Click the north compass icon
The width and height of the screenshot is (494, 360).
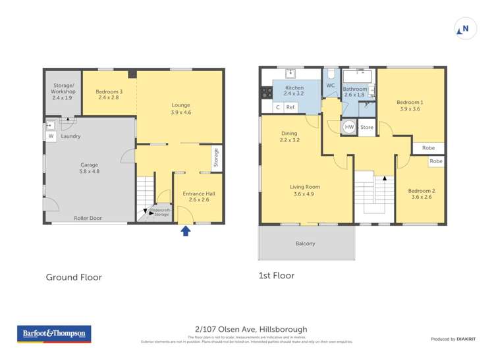[x=465, y=29]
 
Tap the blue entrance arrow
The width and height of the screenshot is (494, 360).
[x=186, y=230]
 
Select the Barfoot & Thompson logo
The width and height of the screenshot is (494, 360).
[x=54, y=334]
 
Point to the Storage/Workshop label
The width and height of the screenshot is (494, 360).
[x=64, y=91]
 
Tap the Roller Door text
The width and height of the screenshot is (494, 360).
[x=88, y=218]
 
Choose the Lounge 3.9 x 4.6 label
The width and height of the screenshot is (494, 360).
[x=180, y=109]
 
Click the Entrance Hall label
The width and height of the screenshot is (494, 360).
[x=198, y=197]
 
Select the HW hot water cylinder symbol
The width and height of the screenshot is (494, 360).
[x=349, y=127]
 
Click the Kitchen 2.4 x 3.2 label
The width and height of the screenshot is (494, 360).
[x=294, y=91]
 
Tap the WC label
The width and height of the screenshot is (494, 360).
[x=330, y=86]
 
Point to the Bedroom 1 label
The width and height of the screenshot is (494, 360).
[x=410, y=105]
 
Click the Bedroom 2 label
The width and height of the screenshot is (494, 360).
[x=423, y=193]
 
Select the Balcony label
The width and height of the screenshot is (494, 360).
[x=305, y=244]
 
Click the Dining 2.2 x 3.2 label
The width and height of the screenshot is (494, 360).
[x=289, y=137]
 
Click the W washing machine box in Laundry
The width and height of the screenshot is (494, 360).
[x=51, y=136]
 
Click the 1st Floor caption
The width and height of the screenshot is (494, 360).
[x=277, y=276]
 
